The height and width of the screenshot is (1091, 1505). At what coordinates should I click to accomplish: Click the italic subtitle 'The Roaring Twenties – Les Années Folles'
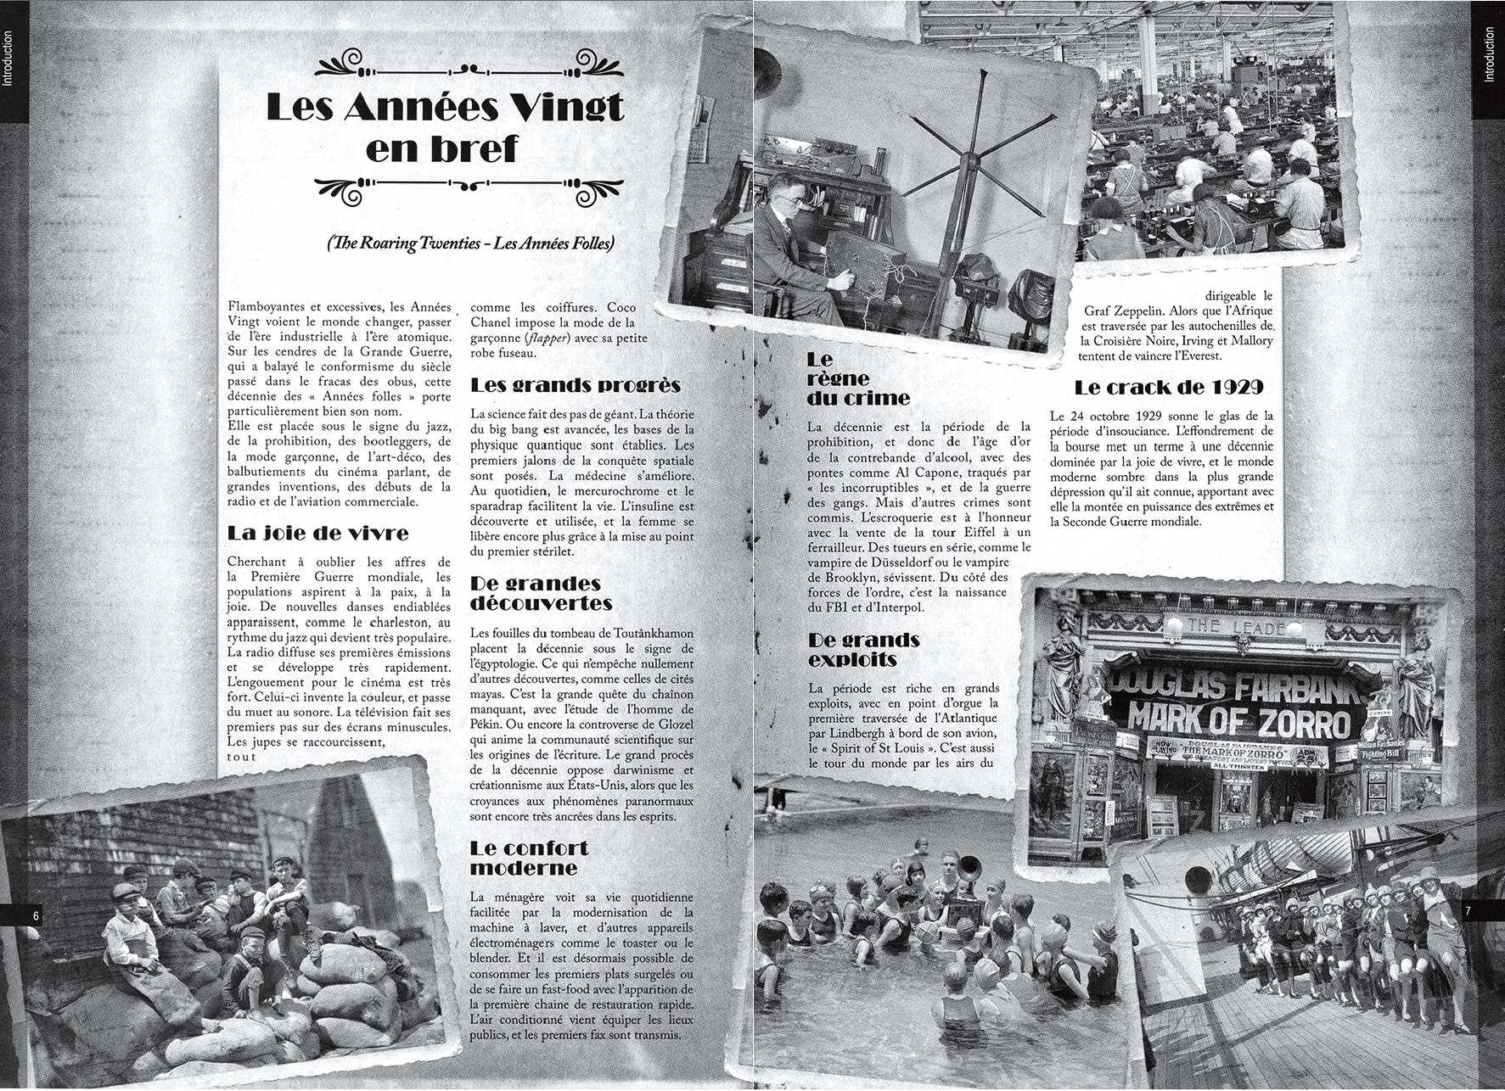(x=469, y=243)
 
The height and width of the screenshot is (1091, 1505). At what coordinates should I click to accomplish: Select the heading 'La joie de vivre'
(x=317, y=534)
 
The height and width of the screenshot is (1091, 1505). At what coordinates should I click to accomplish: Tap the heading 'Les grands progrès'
(x=575, y=385)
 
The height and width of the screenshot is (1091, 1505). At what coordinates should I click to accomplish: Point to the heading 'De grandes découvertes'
(x=541, y=593)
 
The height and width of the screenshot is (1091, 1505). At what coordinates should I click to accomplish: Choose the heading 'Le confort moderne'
(x=529, y=858)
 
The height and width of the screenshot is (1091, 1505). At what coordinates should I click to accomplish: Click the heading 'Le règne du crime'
(x=857, y=378)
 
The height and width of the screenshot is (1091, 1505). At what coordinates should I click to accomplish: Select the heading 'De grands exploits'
(x=864, y=650)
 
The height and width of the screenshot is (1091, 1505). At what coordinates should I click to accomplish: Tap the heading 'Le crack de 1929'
(x=1168, y=388)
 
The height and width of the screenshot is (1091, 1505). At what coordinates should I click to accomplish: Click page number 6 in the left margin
(x=36, y=915)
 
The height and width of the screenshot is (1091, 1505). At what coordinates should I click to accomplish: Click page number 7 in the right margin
(x=1468, y=910)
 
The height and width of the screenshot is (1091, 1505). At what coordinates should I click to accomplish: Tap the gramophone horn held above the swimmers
(x=969, y=867)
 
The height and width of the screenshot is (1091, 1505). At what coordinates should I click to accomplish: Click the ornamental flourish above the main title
(x=469, y=64)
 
